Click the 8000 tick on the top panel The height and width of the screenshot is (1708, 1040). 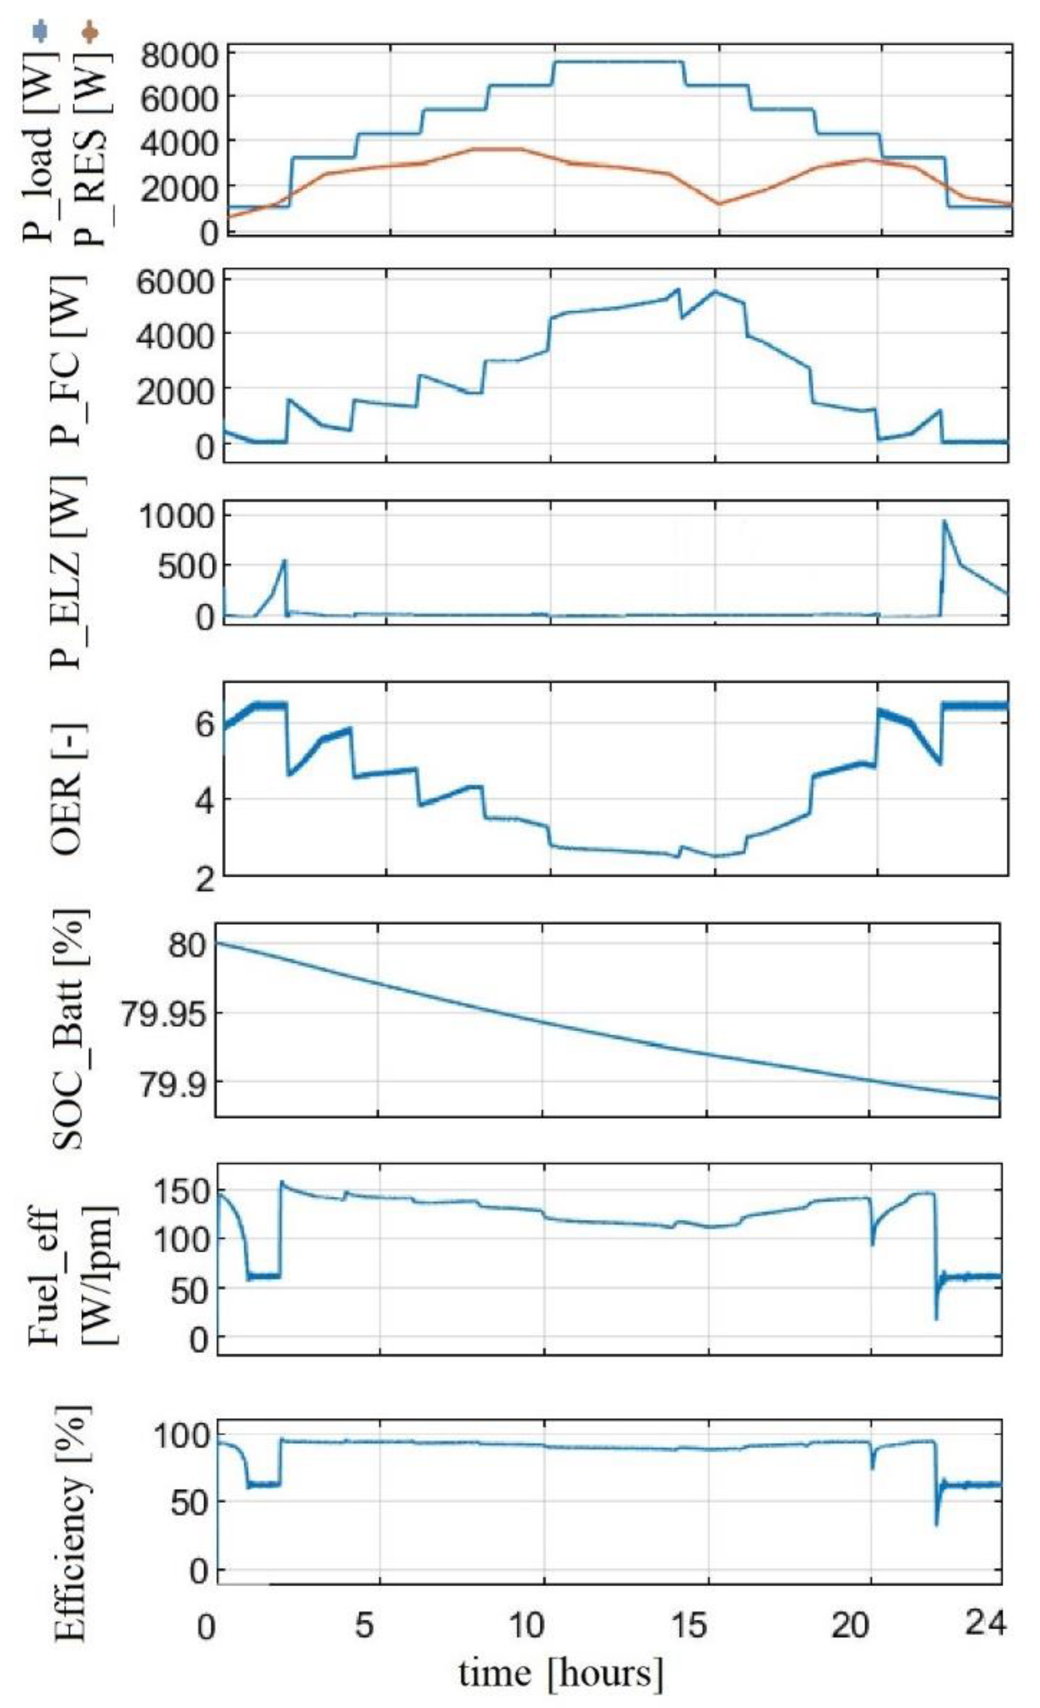click(x=179, y=56)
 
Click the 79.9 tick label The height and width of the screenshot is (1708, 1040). click(x=173, y=1086)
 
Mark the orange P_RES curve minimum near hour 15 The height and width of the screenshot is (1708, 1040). click(x=719, y=204)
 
